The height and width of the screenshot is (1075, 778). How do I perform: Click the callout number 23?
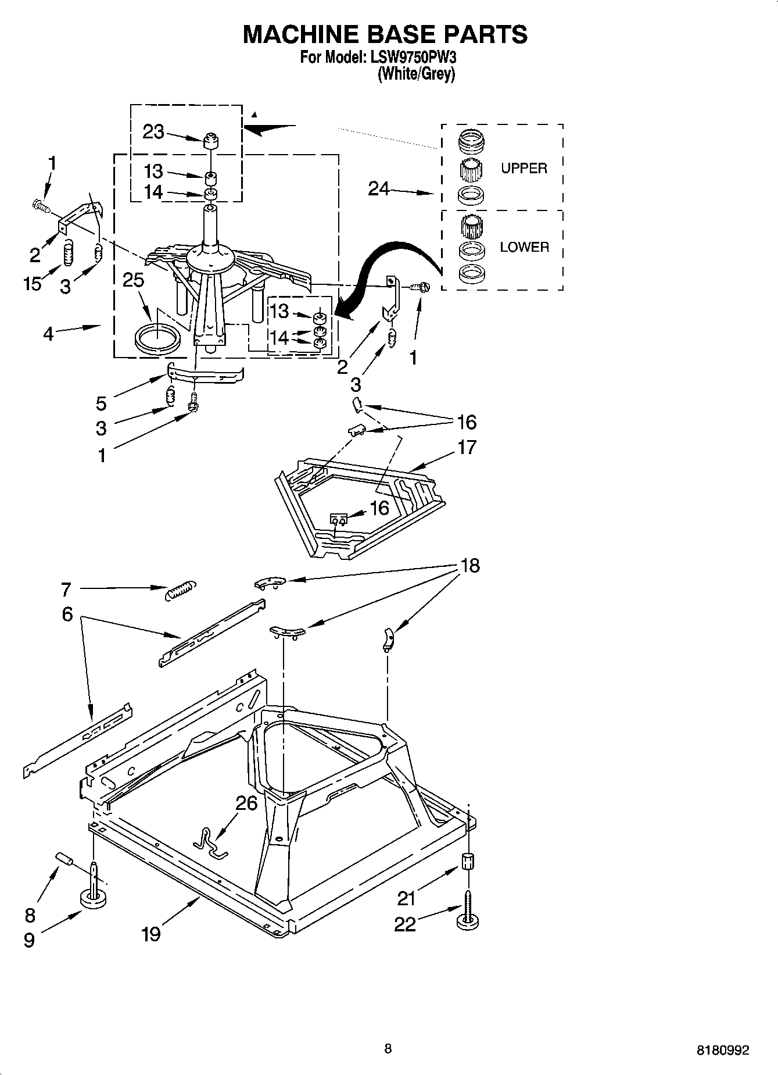tap(153, 133)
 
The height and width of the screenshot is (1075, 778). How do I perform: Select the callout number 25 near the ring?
tap(133, 280)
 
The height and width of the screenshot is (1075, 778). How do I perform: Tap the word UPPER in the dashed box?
tap(524, 169)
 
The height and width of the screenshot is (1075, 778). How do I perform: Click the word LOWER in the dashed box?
tap(524, 247)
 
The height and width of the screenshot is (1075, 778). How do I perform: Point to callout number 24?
tap(379, 188)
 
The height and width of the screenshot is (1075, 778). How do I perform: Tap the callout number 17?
tap(467, 447)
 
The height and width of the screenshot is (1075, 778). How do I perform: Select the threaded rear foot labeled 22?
tap(468, 916)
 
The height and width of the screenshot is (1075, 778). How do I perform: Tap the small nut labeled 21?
tap(468, 860)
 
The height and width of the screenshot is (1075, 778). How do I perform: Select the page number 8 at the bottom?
tap(388, 1049)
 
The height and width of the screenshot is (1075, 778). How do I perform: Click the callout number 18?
tap(470, 566)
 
